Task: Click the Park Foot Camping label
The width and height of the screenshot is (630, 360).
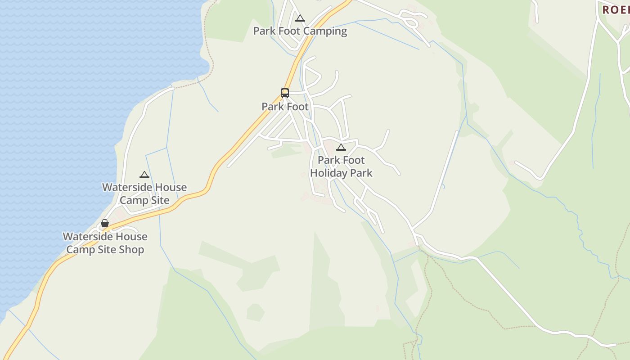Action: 300,31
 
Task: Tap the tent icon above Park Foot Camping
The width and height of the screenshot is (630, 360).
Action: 300,18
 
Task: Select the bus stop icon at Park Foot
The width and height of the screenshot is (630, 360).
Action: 285,93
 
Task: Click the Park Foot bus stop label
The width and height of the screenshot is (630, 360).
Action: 285,107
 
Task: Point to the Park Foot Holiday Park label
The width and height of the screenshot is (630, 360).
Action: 341,166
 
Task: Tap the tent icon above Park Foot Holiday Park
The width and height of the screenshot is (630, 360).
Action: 341,147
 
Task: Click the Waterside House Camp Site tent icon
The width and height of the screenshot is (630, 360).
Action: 144,175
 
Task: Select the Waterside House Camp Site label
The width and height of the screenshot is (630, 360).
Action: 144,193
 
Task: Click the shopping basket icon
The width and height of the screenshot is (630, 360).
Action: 105,223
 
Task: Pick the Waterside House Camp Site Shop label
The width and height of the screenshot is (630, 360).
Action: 105,243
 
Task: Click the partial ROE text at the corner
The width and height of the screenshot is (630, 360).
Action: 616,9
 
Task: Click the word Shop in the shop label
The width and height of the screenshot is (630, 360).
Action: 131,250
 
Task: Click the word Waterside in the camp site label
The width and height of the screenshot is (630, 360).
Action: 125,187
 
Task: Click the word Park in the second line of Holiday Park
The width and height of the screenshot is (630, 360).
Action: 361,173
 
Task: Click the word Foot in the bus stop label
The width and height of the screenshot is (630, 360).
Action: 297,107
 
